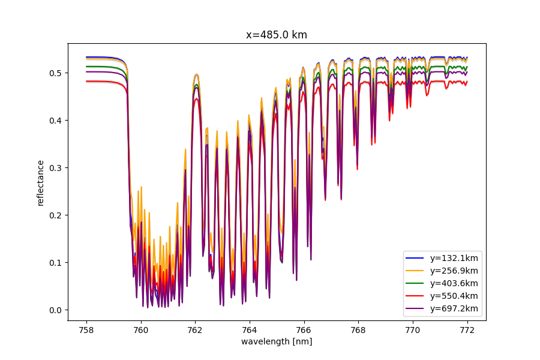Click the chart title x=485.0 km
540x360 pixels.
277,35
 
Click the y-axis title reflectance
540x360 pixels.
41,182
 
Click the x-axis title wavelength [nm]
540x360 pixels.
277,341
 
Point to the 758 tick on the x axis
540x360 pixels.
86,329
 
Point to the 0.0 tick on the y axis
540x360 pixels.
56,310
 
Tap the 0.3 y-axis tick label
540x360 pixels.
56,168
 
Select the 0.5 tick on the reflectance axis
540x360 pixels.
56,73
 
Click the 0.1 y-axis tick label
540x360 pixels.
56,263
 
